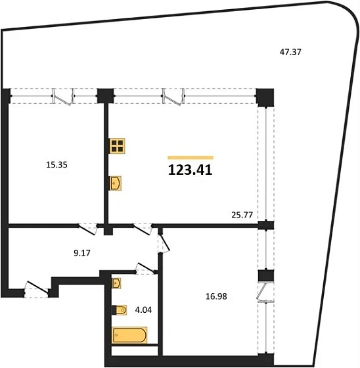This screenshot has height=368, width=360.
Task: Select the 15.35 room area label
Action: [x=57, y=165]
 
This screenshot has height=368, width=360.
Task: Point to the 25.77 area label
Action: [x=242, y=213]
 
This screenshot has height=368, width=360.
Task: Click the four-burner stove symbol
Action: [x=118, y=147]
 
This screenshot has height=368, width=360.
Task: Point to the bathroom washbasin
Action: [x=117, y=284]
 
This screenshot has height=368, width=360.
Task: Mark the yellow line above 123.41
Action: [x=191, y=157]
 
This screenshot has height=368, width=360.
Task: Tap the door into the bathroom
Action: [x=143, y=267]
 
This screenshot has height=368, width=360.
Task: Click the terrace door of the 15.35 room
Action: [x=64, y=99]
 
